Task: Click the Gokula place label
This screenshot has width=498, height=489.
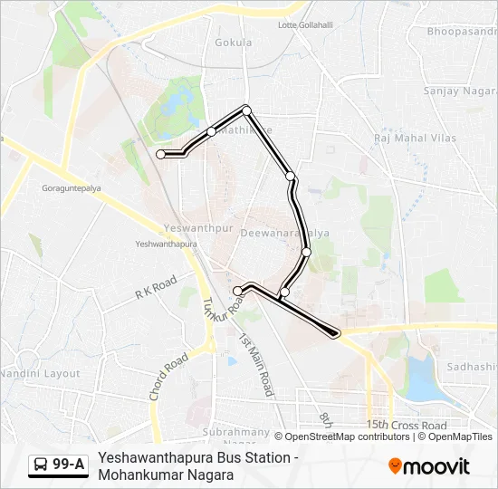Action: (233, 42)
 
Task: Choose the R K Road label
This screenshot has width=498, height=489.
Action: (155, 289)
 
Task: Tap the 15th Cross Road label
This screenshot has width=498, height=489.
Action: (407, 425)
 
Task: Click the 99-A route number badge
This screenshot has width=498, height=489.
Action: (69, 465)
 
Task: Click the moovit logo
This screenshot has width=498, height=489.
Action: (429, 466)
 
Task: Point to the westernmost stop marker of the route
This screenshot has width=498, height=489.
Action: (161, 155)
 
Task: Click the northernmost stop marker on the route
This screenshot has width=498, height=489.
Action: (246, 110)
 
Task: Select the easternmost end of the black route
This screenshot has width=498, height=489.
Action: (336, 334)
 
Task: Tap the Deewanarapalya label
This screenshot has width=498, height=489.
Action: (277, 233)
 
